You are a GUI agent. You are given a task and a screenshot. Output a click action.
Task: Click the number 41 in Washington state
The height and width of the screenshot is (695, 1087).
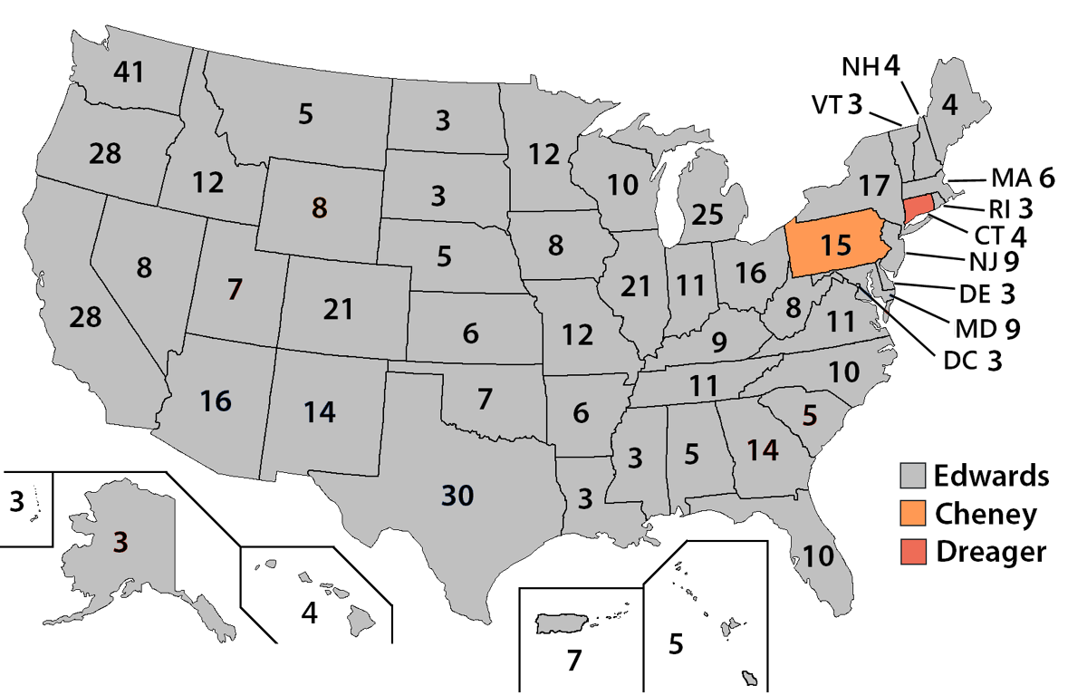coord(130,72)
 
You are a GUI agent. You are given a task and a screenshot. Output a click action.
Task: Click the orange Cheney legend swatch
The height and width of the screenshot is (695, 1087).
coord(914,514)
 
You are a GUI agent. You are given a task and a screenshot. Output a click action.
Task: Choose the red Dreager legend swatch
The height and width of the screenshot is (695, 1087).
coord(914,551)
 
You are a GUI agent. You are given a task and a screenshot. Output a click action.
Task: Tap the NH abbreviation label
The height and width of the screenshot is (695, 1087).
coord(858,67)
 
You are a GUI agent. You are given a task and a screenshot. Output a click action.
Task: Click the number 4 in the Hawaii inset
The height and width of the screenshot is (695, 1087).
coord(310,613)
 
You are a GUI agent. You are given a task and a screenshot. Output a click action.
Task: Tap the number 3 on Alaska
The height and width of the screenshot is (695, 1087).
coord(120,541)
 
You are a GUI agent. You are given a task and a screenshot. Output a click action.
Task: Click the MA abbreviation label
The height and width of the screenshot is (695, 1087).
coord(1007,177)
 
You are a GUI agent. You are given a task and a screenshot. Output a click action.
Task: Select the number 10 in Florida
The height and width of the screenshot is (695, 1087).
coord(818,555)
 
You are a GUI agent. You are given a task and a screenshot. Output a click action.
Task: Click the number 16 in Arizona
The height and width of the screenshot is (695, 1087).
coord(215,400)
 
